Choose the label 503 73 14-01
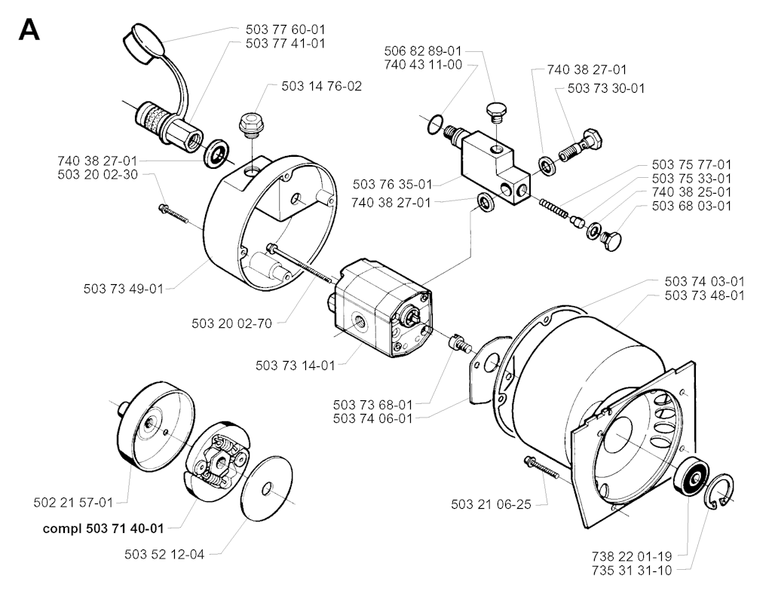click(296, 366)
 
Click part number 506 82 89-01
click(422, 51)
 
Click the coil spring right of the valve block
click(552, 206)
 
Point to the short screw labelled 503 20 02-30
click(175, 213)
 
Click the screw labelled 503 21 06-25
click(540, 470)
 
